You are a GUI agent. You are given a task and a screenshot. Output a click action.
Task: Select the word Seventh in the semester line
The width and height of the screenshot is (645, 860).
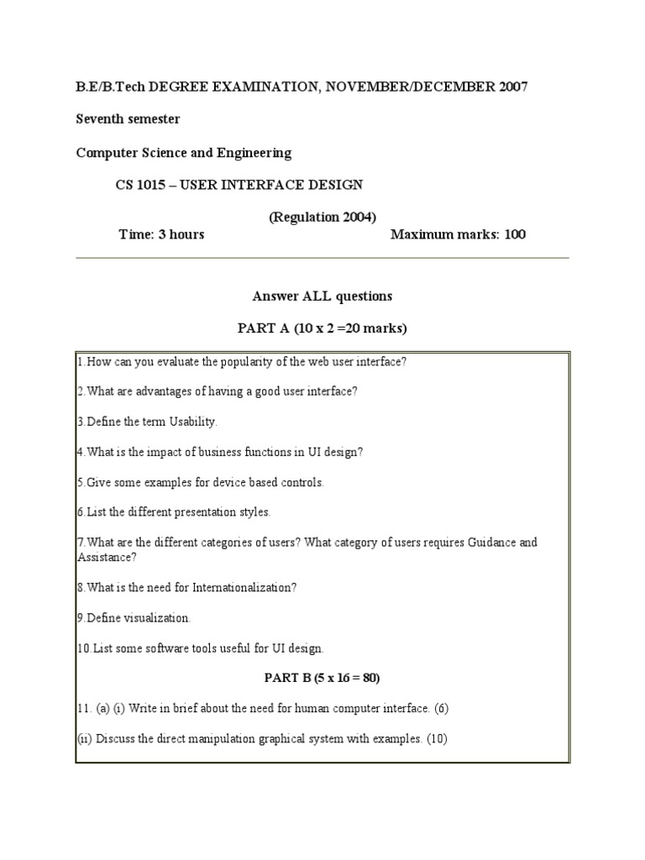pos(101,119)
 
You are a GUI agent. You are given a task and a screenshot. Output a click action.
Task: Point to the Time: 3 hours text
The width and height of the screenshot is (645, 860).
pos(161,234)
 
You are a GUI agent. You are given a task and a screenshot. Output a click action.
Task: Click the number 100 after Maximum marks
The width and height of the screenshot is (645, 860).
pos(515,234)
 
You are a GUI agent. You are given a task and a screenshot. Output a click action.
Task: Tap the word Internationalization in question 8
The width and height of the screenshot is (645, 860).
pos(244,588)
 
